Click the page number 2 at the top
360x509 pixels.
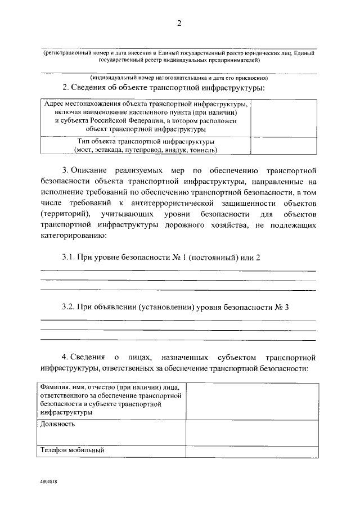179,23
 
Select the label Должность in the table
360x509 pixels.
58,424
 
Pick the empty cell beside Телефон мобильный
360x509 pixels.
252,450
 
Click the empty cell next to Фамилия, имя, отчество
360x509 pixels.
252,400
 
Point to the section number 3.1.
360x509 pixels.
69,257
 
